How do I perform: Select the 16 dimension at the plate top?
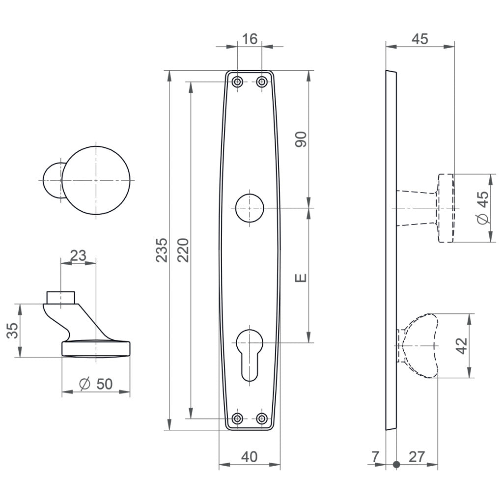[x=250, y=39]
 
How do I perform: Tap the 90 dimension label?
[x=301, y=140]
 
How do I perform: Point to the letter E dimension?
[x=301, y=278]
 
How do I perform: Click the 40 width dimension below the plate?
[x=250, y=457]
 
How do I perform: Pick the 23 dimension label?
[x=78, y=255]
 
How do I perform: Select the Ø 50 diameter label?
[x=96, y=384]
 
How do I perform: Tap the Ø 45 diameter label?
[x=483, y=208]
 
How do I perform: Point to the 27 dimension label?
[x=417, y=457]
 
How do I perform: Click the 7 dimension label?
[x=376, y=457]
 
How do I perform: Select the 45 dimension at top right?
[x=419, y=39]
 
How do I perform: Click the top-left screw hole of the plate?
[x=237, y=82]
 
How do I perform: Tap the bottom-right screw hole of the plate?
[x=262, y=419]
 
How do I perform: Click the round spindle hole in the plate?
[x=250, y=208]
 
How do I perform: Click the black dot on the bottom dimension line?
[x=396, y=464]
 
